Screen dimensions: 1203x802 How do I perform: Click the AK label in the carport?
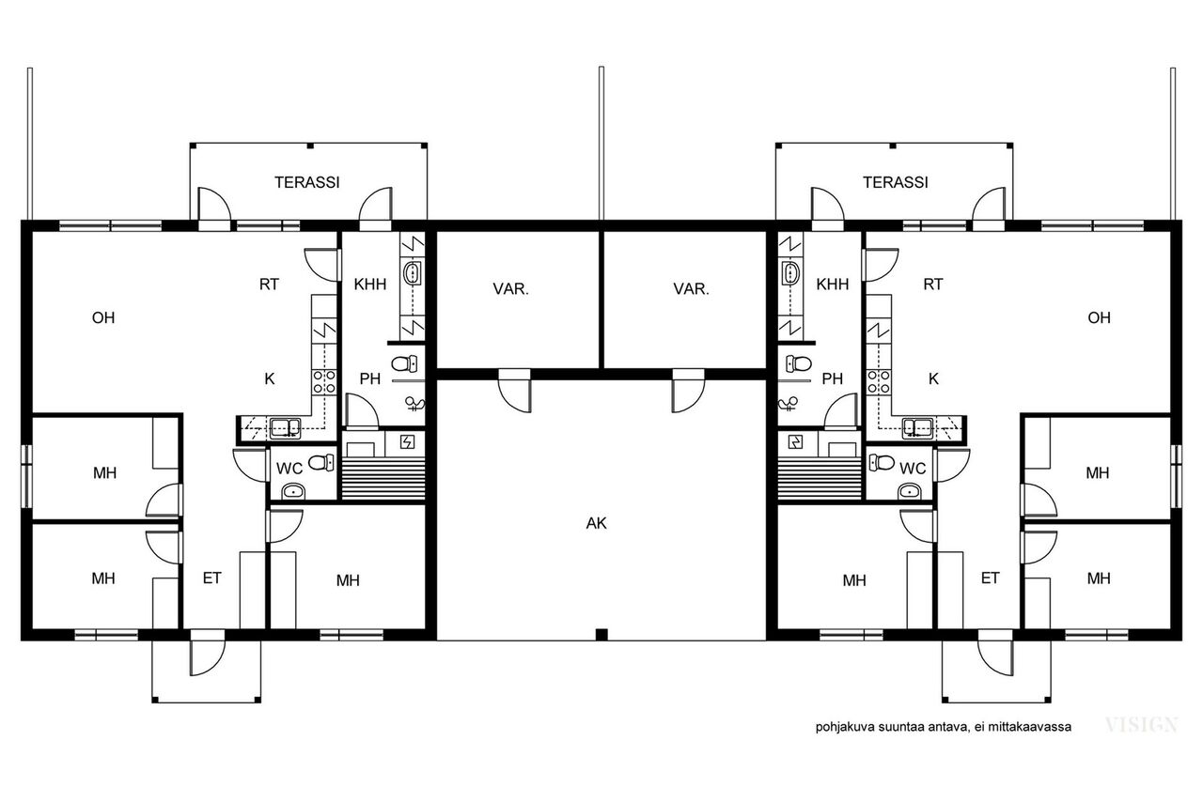tap(596, 523)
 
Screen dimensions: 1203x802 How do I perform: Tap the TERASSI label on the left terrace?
tap(307, 182)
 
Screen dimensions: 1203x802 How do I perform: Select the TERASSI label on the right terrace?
tap(896, 182)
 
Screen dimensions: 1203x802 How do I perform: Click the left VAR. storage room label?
tap(510, 289)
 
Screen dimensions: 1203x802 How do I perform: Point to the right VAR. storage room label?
tap(691, 289)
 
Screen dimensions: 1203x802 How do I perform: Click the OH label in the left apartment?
tap(103, 317)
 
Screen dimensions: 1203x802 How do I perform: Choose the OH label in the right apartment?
tap(1099, 317)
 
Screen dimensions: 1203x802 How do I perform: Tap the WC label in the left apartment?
tap(289, 469)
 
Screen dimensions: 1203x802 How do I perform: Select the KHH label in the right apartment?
tap(833, 284)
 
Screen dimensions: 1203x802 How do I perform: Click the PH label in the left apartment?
tap(370, 379)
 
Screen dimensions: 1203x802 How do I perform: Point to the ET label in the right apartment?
tap(991, 578)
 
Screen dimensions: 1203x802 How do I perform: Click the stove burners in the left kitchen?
tap(324, 381)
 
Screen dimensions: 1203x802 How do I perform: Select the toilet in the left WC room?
tap(321, 462)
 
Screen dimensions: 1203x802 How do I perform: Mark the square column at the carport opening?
tap(601, 635)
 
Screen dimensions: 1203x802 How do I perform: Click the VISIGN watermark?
tap(1142, 725)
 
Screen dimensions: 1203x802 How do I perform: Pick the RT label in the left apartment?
tap(269, 284)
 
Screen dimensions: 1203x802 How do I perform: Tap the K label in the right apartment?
tap(933, 379)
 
